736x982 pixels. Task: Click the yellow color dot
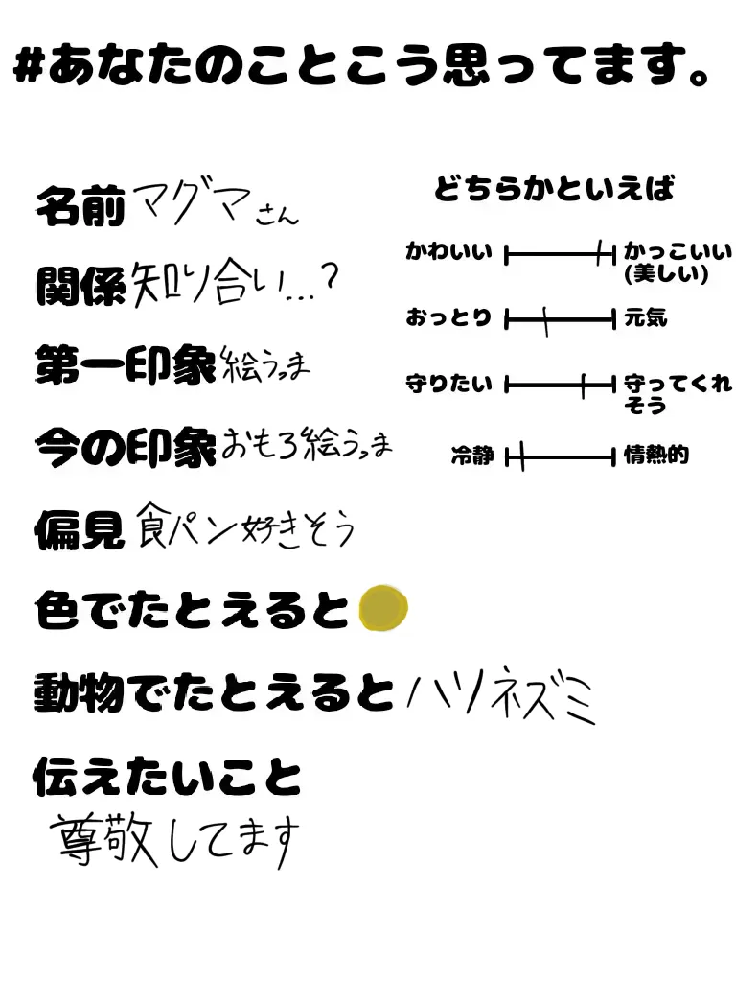tap(383, 608)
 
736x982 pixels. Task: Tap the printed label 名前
tap(80, 205)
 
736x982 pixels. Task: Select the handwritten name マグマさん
tap(216, 203)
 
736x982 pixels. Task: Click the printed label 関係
tap(80, 284)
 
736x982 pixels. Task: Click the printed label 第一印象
tap(126, 365)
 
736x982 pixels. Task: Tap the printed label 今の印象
tap(126, 447)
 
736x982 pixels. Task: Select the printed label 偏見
tap(80, 528)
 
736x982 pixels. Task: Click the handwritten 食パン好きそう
tap(245, 526)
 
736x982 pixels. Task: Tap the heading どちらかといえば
tap(554, 189)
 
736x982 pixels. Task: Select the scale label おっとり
tap(448, 318)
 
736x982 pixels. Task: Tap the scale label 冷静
tap(472, 456)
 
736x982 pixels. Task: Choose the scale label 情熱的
tap(656, 456)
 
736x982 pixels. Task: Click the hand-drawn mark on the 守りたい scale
tap(583, 386)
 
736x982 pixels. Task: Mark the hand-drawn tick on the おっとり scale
tap(545, 320)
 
